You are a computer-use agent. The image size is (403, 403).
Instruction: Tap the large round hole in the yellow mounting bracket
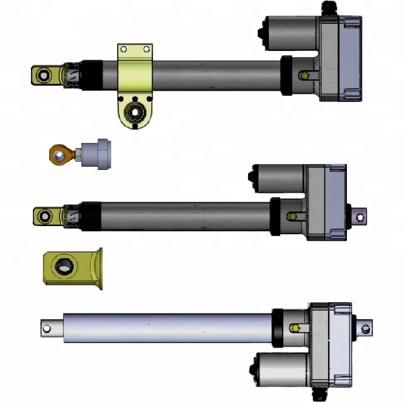coord(135,113)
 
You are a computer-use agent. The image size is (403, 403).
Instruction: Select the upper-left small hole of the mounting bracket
coord(124,49)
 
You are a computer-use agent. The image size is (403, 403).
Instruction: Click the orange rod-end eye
coord(59,152)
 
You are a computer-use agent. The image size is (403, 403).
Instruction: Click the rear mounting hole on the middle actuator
coord(360,217)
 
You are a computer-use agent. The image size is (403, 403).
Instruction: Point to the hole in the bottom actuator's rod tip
coord(46,327)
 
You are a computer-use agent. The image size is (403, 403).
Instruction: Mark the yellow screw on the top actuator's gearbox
coord(304,76)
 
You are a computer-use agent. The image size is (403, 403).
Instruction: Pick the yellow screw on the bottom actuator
coord(295,327)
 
